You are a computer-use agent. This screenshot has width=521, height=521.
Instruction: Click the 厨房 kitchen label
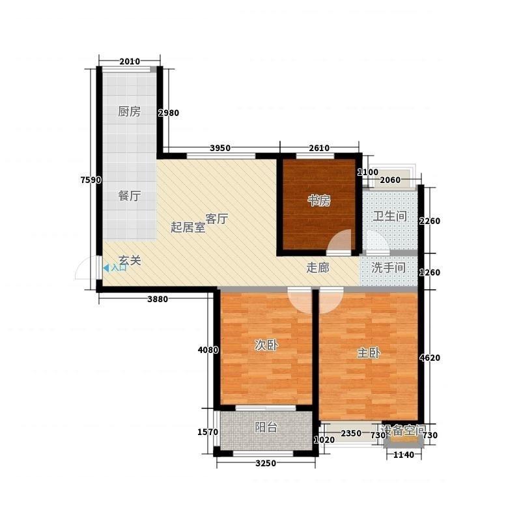[129, 111]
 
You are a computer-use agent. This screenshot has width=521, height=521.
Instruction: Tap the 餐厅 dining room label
[129, 196]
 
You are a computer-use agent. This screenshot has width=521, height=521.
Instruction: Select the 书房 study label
[319, 201]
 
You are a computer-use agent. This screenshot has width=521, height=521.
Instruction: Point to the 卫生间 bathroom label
[389, 216]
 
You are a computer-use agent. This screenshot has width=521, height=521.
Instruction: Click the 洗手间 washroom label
[388, 268]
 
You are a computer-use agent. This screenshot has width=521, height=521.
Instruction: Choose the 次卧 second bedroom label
[266, 346]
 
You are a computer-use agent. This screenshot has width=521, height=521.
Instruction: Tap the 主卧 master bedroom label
[369, 353]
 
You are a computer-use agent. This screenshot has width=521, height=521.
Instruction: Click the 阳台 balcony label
[266, 427]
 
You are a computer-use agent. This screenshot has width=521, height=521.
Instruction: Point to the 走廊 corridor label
[318, 268]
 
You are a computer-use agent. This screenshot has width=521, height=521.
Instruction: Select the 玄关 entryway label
[130, 260]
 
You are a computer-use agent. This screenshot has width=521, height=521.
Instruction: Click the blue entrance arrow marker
[106, 268]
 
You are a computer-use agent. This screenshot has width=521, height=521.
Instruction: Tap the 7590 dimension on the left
[91, 180]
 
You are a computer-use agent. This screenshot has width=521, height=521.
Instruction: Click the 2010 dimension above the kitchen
[130, 61]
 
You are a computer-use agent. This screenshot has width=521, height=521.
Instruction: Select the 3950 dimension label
[220, 148]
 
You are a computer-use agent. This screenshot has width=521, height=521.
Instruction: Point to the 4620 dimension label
[430, 358]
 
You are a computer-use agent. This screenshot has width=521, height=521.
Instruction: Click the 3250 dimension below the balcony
[266, 463]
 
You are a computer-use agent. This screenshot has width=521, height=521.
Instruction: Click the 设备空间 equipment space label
[404, 430]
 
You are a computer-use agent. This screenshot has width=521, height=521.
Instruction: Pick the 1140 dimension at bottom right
[404, 455]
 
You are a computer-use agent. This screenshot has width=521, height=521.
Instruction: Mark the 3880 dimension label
[158, 300]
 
